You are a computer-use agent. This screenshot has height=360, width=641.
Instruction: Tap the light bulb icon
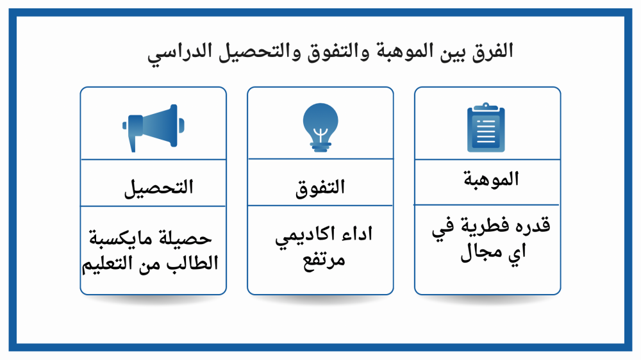pos(320,127)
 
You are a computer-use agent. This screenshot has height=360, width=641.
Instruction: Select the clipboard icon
pos(486,127)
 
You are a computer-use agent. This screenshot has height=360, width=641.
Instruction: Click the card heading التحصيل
pos(158,188)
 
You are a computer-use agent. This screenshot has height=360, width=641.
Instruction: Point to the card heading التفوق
pos(320,188)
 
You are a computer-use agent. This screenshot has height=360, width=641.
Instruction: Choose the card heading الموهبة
pos(491,179)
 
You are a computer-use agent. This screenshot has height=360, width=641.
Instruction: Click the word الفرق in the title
pos(492,51)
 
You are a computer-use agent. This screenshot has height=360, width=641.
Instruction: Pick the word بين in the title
pos(453,53)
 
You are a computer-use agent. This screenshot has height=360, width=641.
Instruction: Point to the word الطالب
pos(192,262)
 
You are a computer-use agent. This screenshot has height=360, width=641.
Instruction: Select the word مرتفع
pos(324,260)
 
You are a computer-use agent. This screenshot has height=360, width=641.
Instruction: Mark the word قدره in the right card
pos(533,225)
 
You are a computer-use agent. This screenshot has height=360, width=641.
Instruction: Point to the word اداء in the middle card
pos(358,234)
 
